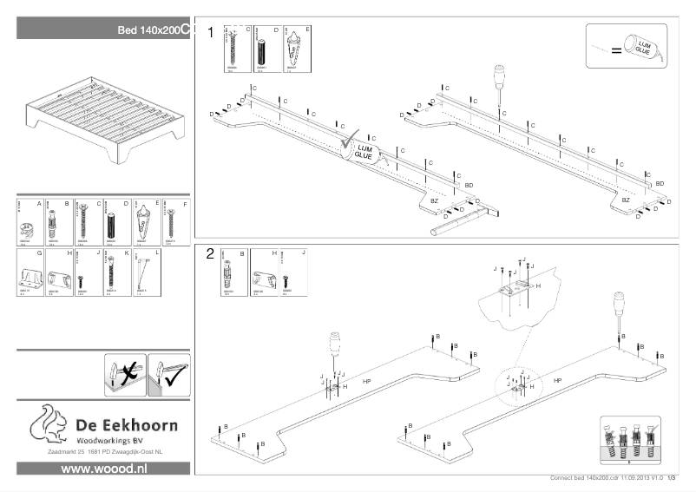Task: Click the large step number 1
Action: click(210, 31)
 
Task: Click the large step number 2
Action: click(210, 254)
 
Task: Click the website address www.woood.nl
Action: click(103, 468)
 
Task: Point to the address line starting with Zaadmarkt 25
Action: click(103, 452)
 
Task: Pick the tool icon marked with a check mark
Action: click(168, 374)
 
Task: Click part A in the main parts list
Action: click(30, 222)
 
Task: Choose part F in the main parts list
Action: click(176, 222)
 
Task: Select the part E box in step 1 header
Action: click(298, 50)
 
